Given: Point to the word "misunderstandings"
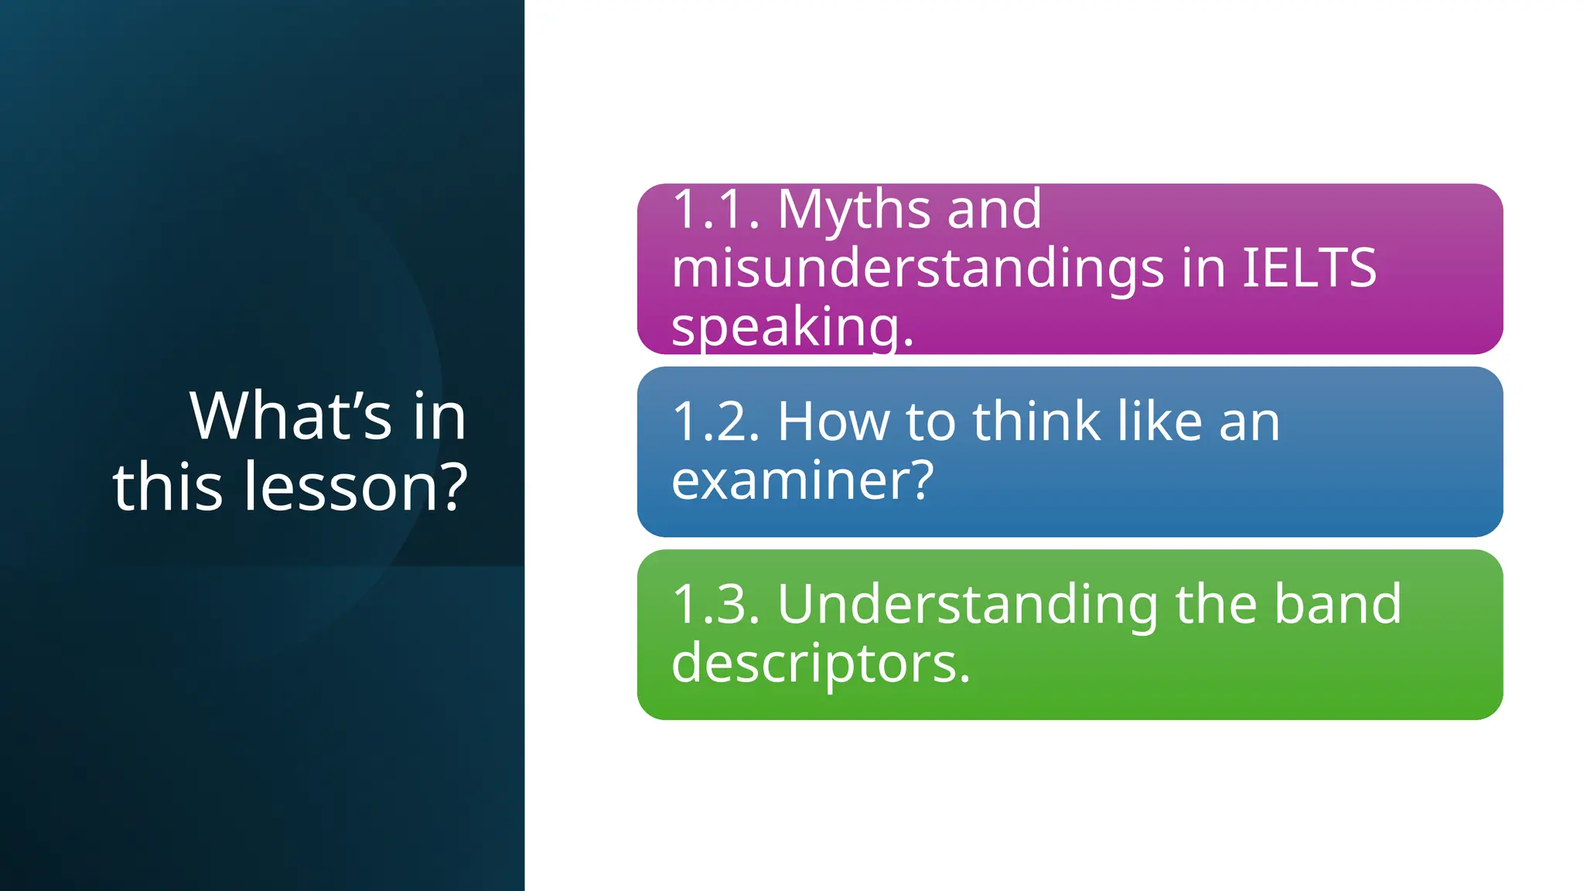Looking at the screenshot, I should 917,269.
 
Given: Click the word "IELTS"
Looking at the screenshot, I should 1309,268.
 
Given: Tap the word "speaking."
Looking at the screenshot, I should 793,328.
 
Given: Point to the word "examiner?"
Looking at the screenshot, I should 803,480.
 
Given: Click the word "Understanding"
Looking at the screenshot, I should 968,606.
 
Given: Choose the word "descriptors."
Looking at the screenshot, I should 821,664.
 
